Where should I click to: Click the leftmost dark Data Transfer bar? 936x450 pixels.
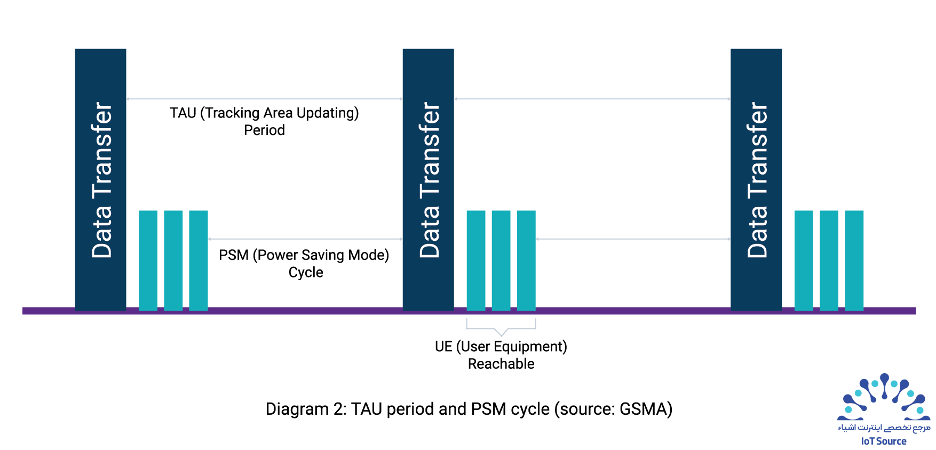(100, 179)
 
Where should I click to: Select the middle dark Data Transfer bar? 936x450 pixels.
(428, 179)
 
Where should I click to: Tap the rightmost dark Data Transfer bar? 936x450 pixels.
(756, 179)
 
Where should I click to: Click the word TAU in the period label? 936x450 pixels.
(183, 113)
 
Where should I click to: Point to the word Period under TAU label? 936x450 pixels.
(264, 130)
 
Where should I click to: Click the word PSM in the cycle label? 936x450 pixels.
(234, 255)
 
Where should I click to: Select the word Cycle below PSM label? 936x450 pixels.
(306, 272)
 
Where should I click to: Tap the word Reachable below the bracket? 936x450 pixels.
(501, 364)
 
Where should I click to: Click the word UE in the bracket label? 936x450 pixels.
(443, 347)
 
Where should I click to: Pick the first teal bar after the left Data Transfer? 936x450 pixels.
(148, 260)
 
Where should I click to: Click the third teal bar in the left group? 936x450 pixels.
(199, 260)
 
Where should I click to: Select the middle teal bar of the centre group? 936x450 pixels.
(501, 260)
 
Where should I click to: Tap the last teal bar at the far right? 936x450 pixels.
(854, 260)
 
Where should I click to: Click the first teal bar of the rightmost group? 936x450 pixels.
(804, 260)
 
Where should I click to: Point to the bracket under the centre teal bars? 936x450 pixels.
(501, 329)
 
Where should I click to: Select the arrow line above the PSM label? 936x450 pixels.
(305, 239)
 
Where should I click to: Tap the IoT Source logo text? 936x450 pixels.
(884, 441)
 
